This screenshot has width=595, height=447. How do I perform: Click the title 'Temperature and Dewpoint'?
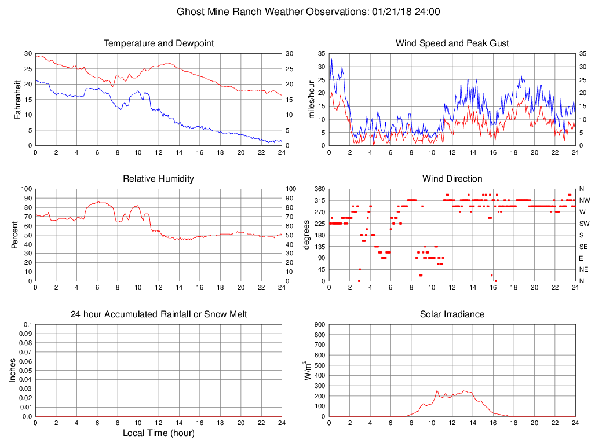159,43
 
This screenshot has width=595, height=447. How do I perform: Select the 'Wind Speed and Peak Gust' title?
452,43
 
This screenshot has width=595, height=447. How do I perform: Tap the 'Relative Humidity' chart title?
159,179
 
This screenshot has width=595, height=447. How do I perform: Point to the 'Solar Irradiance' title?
452,314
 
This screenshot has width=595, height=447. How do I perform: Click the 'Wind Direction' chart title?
452,179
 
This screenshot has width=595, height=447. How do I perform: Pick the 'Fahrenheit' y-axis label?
17,100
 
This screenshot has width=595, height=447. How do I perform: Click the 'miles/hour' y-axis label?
311,100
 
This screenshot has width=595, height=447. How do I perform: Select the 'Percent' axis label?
16,235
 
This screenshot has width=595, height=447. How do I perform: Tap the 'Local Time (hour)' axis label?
159,433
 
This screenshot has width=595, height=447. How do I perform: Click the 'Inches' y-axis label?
13,371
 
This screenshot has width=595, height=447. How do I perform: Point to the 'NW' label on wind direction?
584,200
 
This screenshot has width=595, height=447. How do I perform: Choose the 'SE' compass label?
583,247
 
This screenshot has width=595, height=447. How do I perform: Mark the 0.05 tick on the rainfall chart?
25,371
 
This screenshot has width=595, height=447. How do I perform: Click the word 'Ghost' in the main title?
189,12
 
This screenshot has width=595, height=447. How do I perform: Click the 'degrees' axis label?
306,235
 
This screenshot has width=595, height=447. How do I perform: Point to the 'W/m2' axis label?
308,370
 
